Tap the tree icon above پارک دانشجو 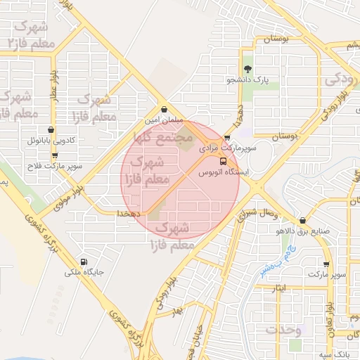coord(247,69)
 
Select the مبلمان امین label coord(164,121)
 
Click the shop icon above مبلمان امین coord(164,110)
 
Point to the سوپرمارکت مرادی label coord(228,149)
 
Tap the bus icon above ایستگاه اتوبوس coord(224,161)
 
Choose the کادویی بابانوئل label coord(52,141)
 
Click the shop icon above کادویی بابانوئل coord(51,129)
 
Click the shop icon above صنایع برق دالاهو coord(302,220)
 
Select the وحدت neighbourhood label coord(284,330)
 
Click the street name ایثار coord(279,288)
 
